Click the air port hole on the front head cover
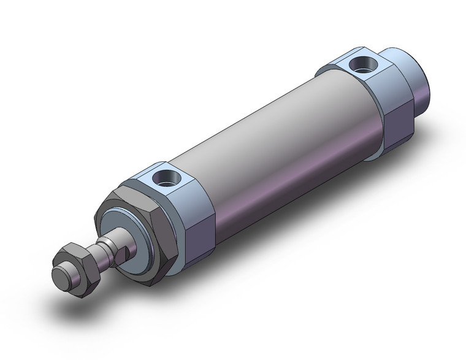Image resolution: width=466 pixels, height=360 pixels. (x=165, y=178)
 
